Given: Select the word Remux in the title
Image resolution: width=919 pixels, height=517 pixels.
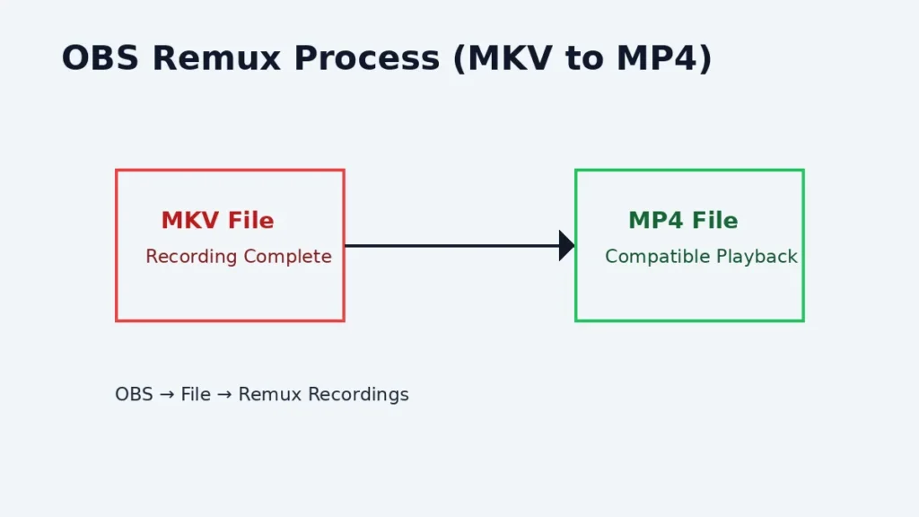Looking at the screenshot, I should pos(215,59).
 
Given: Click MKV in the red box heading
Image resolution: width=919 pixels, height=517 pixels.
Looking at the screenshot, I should pos(191,221).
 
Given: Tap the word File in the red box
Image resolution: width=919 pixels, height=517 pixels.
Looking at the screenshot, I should pos(252,221).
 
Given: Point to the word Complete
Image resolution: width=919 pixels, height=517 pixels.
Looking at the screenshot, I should pos(287,258).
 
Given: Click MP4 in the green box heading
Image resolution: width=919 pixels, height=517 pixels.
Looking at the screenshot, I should pos(657,221).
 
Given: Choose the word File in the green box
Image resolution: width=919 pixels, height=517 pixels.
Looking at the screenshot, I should pos(715,221).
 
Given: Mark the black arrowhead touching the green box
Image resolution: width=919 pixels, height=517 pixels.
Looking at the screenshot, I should pos(566,245).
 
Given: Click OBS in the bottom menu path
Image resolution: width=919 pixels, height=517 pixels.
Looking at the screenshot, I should pos(134,395).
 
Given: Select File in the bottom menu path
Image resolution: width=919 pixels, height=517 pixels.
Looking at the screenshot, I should pos(196,395).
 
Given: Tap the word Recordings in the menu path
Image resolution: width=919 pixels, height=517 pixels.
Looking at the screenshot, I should pos(359,395).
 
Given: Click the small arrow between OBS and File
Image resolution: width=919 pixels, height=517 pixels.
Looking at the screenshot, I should pos(166,395).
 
